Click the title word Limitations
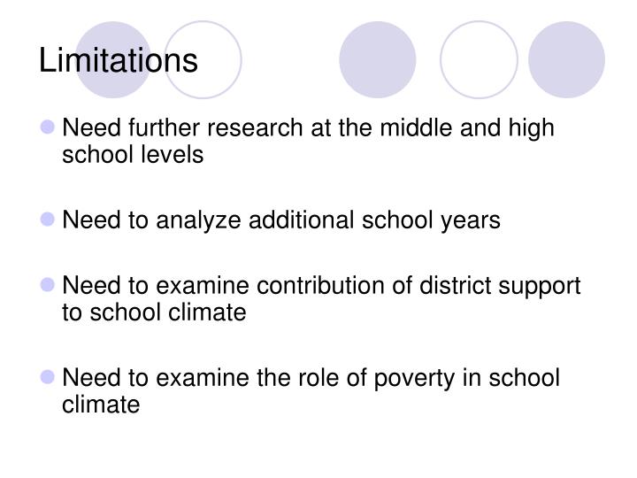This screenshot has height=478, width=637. click(x=119, y=60)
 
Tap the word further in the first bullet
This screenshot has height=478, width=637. click(x=155, y=128)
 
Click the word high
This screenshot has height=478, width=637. click(x=531, y=128)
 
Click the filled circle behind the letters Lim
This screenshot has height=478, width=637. click(x=113, y=59)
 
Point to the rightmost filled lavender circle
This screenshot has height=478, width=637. click(x=566, y=59)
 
